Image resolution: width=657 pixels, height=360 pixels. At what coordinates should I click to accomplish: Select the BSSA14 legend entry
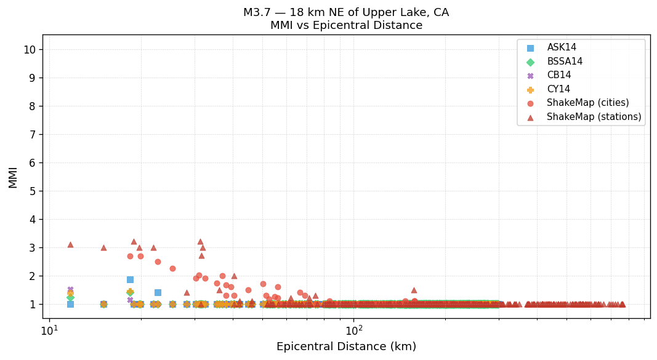565,62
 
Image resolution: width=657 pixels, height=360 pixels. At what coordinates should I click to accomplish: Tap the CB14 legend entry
558,76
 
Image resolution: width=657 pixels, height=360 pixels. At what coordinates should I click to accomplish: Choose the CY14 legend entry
558,89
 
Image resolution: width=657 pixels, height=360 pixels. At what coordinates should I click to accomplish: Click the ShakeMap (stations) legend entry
594,117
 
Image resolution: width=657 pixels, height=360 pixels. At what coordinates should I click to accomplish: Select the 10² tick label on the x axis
354,330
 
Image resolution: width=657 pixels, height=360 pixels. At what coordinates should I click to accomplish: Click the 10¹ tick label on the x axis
49,330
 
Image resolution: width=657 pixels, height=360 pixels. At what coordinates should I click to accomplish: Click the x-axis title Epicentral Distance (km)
346,347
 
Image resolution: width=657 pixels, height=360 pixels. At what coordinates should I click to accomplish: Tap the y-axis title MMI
14,177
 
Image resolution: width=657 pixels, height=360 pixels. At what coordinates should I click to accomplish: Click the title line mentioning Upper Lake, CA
346,12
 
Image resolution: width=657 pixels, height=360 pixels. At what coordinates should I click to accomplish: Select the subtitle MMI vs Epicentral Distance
346,26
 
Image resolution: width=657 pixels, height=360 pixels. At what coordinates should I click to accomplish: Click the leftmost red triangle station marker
70,244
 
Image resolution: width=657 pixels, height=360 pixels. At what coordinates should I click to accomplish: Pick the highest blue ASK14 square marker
130,279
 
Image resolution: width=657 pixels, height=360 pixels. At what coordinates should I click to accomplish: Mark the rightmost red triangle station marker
622,304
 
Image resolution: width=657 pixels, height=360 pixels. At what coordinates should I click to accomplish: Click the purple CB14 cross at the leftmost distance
70,289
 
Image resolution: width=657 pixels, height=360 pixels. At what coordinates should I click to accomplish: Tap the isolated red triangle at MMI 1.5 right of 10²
414,290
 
